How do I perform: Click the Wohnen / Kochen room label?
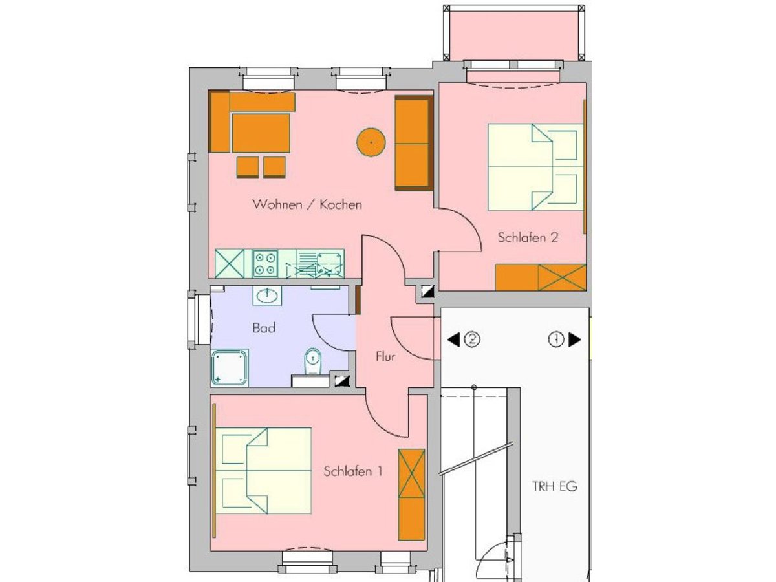coord(307,204)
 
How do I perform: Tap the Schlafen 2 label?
coord(528,237)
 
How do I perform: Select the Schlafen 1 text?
coord(353,471)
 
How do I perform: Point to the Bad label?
coord(264,328)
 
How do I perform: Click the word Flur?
coord(385,356)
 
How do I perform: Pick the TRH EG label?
coord(555,486)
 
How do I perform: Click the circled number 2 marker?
coord(472,340)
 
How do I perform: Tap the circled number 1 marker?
coord(555,340)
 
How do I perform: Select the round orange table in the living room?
coord(371,142)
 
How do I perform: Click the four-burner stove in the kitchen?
coord(264,263)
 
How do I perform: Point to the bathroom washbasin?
coord(267,296)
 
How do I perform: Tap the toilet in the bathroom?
coord(312,361)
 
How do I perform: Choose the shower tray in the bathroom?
coord(230,368)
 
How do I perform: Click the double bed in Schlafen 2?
coord(535,167)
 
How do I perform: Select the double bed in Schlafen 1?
coord(263,471)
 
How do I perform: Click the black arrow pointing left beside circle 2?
coord(453,340)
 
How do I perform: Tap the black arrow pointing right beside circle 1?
coord(574,340)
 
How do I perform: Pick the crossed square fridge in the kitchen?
coord(230,263)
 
